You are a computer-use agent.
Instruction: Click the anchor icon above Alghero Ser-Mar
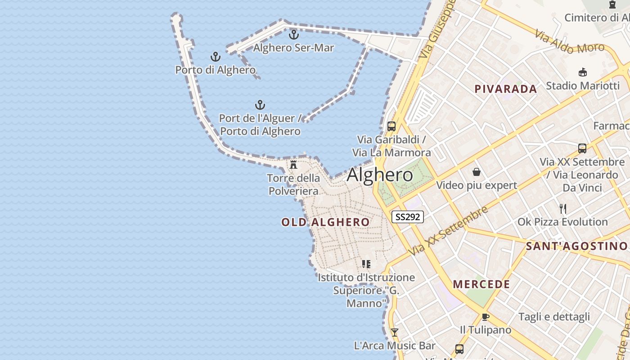294,34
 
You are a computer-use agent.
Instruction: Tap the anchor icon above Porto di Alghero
216,57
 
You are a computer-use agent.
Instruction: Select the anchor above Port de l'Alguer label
260,105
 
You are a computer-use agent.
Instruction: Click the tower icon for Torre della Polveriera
293,164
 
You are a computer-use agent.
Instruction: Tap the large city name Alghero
380,175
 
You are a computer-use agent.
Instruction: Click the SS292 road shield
408,217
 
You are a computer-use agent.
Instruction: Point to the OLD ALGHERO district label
325,222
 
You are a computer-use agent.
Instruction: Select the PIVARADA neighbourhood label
506,89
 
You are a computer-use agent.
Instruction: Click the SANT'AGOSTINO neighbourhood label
576,246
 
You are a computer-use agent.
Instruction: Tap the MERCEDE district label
481,284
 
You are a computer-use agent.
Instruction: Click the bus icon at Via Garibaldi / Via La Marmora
391,126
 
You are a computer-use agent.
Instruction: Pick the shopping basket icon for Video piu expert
477,172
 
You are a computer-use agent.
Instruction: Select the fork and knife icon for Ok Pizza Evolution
562,208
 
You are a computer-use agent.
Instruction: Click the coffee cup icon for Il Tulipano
485,317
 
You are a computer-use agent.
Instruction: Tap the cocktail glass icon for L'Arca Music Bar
395,333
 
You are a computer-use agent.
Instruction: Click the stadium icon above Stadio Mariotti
583,72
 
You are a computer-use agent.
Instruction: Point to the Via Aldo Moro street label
569,42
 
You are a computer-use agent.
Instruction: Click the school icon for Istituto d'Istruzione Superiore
366,264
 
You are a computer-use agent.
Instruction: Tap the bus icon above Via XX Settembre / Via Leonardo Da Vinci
582,148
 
